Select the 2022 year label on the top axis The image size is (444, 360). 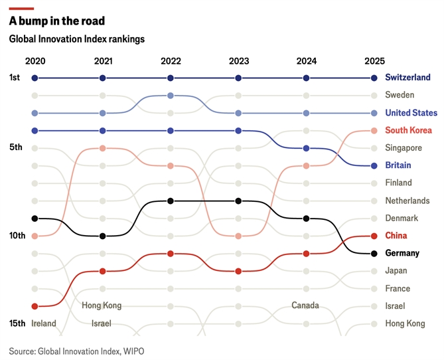click(171, 61)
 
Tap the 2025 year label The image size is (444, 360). click(374, 61)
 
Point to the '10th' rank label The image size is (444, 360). click(17, 236)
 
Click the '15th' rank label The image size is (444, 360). click(17, 323)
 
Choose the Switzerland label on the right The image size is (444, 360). click(407, 78)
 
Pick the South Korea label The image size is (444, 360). click(408, 130)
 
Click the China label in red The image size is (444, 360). click(396, 236)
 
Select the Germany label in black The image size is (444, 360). click(402, 253)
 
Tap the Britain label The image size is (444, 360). click(398, 165)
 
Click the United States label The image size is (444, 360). click(411, 113)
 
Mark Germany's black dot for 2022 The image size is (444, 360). click(171, 201)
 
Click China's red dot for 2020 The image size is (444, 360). click(35, 306)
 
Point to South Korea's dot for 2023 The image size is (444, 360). click(238, 236)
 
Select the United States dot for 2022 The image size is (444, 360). click(171, 96)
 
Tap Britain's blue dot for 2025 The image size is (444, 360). click(374, 165)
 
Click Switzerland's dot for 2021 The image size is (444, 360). click(102, 78)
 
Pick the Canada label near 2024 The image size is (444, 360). click(305, 306)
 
